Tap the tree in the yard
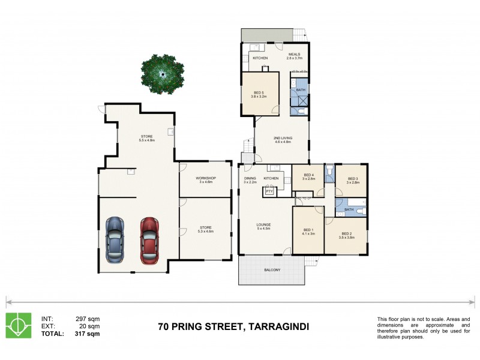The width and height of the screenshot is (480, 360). pyautogui.click(x=162, y=74)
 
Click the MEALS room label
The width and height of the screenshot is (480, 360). pyautogui.click(x=294, y=54)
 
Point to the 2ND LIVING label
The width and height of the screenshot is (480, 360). pyautogui.click(x=282, y=139)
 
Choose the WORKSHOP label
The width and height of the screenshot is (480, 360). pyautogui.click(x=205, y=178)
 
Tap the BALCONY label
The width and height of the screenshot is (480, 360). pyautogui.click(x=272, y=270)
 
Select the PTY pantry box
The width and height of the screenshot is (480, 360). pyautogui.click(x=269, y=191)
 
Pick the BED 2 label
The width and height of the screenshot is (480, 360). pyautogui.click(x=346, y=234)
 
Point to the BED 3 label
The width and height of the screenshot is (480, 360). pyautogui.click(x=352, y=179)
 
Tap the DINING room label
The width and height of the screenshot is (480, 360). pyautogui.click(x=250, y=178)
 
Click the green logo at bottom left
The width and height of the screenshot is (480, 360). pyautogui.click(x=18, y=325)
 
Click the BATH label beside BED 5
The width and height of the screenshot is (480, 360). pyautogui.click(x=301, y=90)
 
